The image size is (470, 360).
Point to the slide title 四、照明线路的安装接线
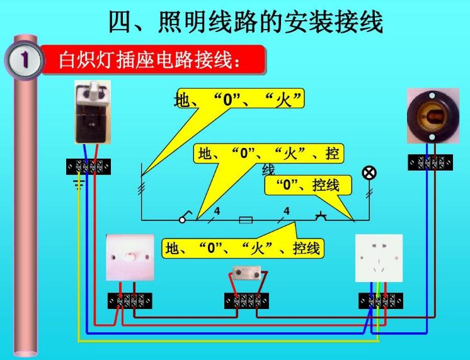[246, 22]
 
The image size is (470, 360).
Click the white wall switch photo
[130, 258]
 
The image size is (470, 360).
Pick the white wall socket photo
[379, 258]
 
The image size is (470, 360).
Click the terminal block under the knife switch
[89, 167]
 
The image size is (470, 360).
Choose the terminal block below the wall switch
[129, 301]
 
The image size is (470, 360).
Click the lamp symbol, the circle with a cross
[369, 173]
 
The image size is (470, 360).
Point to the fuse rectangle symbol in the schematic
[246, 220]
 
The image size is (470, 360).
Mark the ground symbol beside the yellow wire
[79, 184]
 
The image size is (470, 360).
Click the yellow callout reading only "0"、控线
[308, 185]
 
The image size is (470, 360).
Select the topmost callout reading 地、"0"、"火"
[239, 100]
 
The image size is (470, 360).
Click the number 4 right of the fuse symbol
[287, 211]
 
